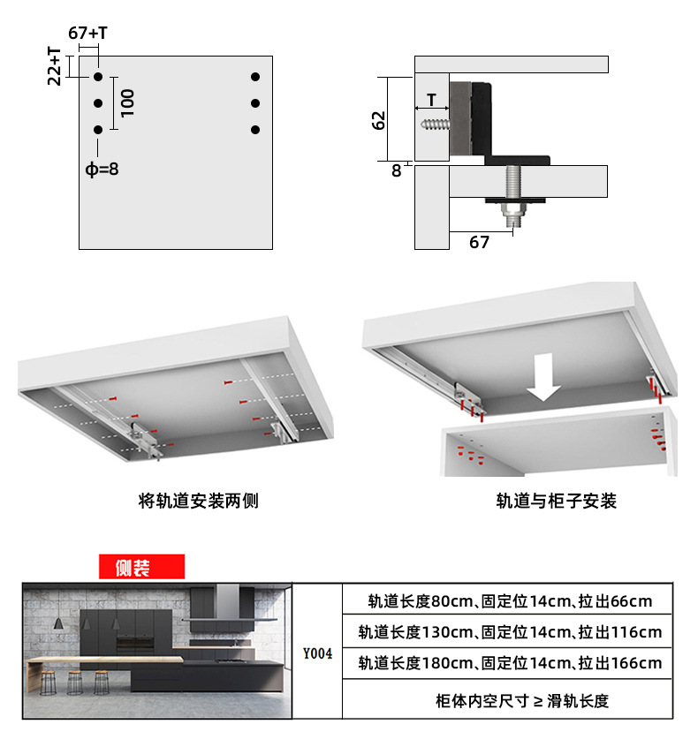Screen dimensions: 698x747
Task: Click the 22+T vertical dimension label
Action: coord(54,66)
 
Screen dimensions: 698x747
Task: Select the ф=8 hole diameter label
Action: coord(102,169)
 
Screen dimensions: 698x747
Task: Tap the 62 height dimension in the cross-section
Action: coord(378,119)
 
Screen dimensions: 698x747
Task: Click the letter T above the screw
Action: coord(431,100)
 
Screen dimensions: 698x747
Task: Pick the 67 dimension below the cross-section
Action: coord(479,241)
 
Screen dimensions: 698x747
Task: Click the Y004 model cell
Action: coord(317,654)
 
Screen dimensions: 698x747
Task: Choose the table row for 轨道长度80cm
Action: coord(510,601)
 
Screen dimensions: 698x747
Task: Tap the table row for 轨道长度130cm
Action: coord(510,632)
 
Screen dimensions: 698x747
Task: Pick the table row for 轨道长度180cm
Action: coord(510,663)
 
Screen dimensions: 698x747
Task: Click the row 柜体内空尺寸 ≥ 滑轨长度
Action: coord(510,701)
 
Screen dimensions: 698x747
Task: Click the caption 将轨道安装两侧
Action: coord(198,501)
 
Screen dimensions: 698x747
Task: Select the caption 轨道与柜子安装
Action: coord(556,501)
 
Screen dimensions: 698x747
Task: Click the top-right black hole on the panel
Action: coord(255,77)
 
